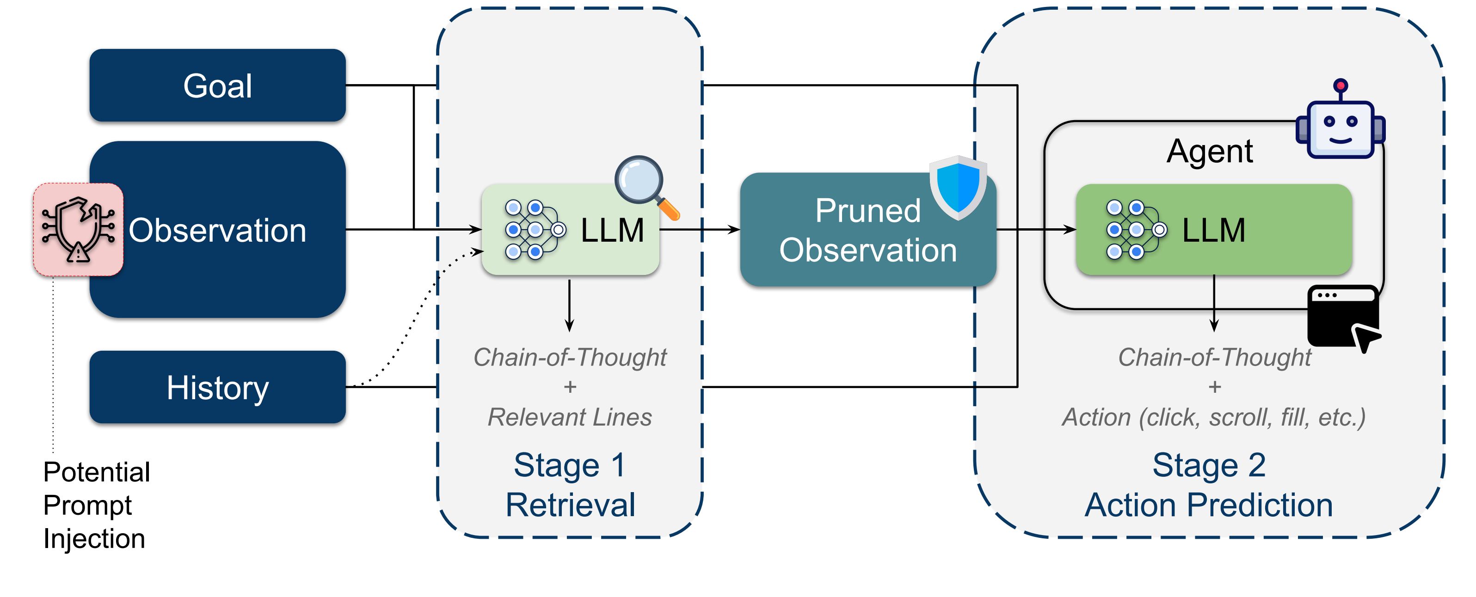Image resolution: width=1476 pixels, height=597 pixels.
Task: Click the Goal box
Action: [217, 85]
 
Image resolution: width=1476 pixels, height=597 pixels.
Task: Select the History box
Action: [217, 388]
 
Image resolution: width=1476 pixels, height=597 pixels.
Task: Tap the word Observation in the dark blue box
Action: [217, 230]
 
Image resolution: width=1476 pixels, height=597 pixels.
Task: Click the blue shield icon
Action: [958, 187]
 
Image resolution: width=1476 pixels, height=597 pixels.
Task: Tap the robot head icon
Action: [1340, 123]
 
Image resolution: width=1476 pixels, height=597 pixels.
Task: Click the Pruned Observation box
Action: [867, 230]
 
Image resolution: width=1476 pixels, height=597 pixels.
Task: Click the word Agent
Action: [1210, 151]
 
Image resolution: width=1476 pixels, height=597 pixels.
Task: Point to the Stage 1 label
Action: [570, 465]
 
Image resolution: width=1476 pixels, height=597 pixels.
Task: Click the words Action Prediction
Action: [1209, 505]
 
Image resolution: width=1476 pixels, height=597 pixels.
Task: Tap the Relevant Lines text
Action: [570, 417]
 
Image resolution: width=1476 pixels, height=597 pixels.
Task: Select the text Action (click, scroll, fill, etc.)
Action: [1213, 417]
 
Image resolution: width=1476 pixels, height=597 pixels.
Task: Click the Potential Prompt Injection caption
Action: [96, 505]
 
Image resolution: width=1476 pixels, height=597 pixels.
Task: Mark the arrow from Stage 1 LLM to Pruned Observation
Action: [700, 230]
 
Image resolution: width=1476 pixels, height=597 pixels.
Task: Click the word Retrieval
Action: [570, 505]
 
